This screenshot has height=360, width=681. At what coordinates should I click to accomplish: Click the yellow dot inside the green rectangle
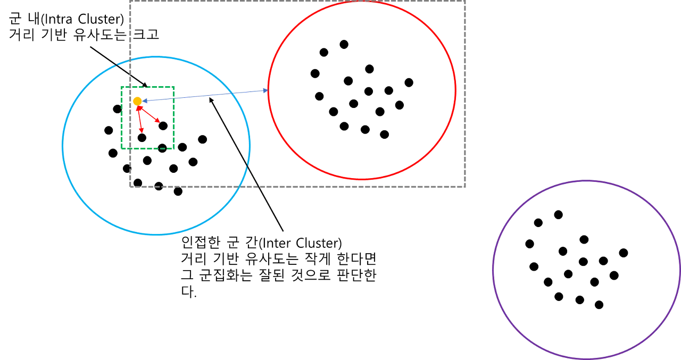click(x=137, y=101)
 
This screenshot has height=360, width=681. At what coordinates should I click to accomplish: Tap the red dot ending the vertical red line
click(x=141, y=129)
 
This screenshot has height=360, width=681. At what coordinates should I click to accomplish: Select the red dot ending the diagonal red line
click(x=157, y=120)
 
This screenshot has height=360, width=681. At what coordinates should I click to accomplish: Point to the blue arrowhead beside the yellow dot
click(x=145, y=101)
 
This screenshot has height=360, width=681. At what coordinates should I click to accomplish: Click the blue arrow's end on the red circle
click(x=266, y=91)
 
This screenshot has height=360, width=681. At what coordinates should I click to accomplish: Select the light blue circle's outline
click(x=63, y=145)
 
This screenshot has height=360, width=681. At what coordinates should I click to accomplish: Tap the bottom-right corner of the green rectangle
click(x=175, y=150)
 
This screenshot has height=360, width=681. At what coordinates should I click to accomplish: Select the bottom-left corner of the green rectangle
click(x=122, y=150)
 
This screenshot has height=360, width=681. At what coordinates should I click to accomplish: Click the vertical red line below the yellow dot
click(x=139, y=118)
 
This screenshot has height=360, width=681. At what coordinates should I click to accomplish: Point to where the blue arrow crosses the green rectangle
click(x=175, y=98)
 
